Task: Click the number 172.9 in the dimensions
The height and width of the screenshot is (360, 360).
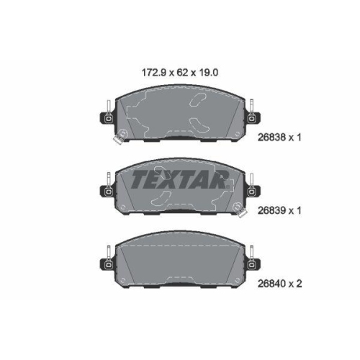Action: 148,71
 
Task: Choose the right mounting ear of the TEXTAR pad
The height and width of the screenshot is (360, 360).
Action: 251,190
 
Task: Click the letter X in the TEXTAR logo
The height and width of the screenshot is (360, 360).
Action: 174,179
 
